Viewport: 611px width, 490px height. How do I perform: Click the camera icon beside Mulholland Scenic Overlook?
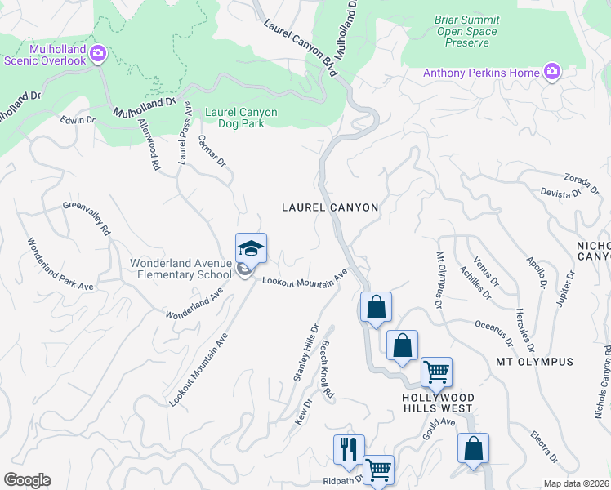(98, 54)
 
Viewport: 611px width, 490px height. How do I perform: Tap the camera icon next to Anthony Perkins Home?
(552, 73)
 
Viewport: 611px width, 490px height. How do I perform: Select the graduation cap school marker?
(252, 248)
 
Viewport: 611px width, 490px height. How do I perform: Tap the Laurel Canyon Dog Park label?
(241, 118)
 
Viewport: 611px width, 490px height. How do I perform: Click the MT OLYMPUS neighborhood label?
(534, 361)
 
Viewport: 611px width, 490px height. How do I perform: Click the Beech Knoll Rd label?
(327, 368)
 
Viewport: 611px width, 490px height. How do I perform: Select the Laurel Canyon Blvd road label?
(301, 50)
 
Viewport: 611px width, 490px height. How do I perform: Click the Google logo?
(27, 480)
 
